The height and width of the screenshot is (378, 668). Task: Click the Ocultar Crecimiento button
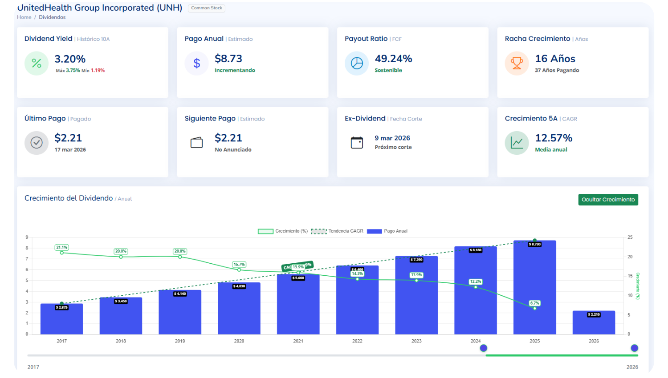pyautogui.click(x=608, y=200)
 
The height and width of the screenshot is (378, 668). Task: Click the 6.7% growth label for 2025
pyautogui.click(x=534, y=303)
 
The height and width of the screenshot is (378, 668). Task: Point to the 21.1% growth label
pyautogui.click(x=61, y=247)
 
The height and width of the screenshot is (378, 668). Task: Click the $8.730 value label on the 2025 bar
pyautogui.click(x=534, y=244)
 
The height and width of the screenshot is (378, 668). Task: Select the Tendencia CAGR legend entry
pyautogui.click(x=337, y=231)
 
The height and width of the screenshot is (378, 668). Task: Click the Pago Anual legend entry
pyautogui.click(x=387, y=231)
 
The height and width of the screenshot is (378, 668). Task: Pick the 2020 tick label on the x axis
pyautogui.click(x=239, y=341)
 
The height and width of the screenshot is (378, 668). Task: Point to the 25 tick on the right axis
pyautogui.click(x=630, y=237)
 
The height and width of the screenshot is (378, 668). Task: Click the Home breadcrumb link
pyautogui.click(x=24, y=17)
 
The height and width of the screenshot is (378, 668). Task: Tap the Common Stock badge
pyautogui.click(x=207, y=8)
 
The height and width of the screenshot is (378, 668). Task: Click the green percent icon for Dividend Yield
pyautogui.click(x=37, y=64)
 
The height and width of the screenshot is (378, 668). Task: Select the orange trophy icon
pyautogui.click(x=517, y=64)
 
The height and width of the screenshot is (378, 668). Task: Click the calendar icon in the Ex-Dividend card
pyautogui.click(x=357, y=143)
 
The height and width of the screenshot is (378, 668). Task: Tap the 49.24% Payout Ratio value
pyautogui.click(x=393, y=59)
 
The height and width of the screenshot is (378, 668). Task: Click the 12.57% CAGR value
pyautogui.click(x=554, y=138)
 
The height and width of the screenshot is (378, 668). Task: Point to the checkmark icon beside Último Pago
pyautogui.click(x=37, y=143)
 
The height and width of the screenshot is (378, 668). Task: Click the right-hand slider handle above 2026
pyautogui.click(x=635, y=348)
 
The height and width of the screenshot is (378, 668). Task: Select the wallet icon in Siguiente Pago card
pyautogui.click(x=196, y=143)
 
